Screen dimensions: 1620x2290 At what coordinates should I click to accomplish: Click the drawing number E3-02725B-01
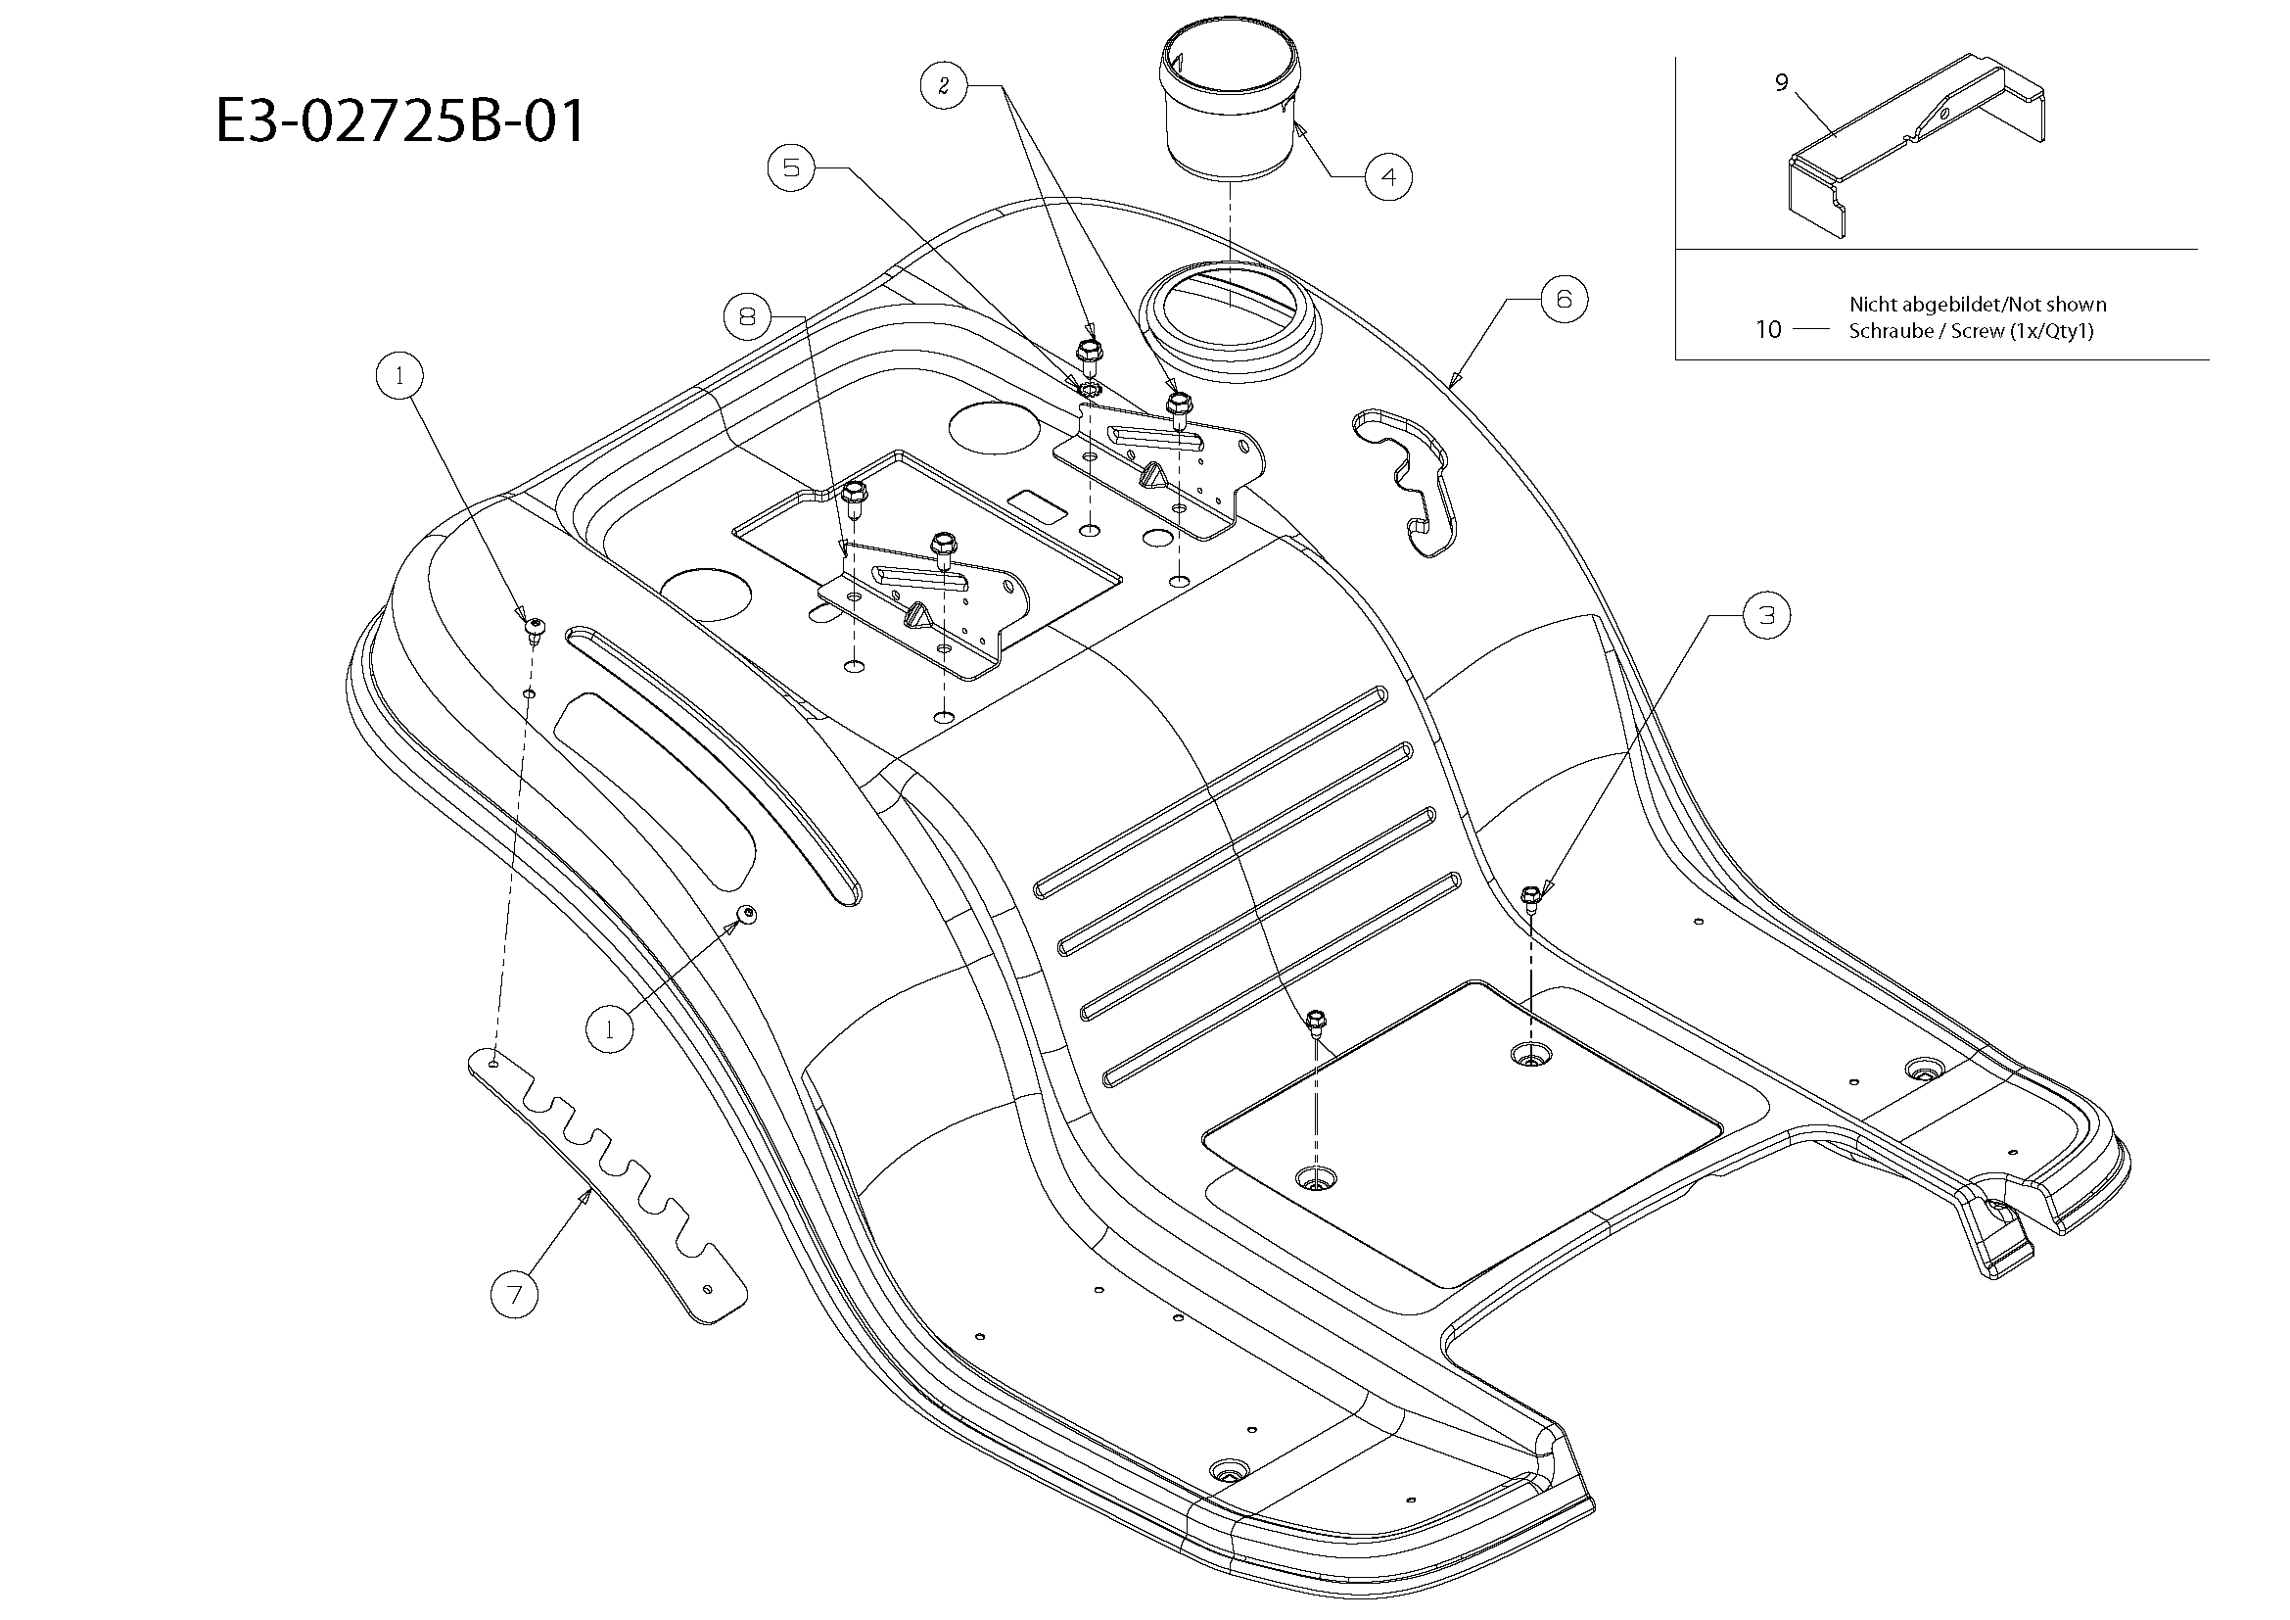click(398, 121)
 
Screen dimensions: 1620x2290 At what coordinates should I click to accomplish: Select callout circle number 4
click(1388, 177)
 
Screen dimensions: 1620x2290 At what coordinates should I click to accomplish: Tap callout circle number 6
click(1564, 299)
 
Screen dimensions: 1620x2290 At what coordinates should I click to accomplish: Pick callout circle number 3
click(1766, 615)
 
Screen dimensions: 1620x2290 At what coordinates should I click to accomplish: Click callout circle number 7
click(515, 1295)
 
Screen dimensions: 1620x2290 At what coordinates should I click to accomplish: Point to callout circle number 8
click(747, 317)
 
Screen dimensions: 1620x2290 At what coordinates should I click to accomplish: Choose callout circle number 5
click(791, 167)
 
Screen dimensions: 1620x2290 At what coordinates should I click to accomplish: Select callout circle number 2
click(944, 86)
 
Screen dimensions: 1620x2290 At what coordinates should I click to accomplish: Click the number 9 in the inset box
click(1781, 83)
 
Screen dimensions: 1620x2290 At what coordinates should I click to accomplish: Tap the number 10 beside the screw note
click(1768, 329)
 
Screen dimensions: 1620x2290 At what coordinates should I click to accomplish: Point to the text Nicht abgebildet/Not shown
click(1977, 305)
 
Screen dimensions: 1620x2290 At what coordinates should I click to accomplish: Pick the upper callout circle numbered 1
click(400, 376)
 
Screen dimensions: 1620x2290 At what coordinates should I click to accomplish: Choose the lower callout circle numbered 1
click(609, 1027)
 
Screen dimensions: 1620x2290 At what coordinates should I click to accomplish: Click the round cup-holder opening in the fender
click(1229, 310)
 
